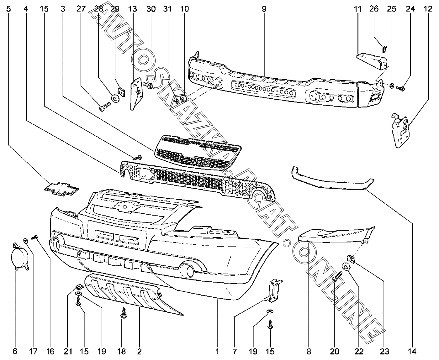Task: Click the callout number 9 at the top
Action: point(264,9)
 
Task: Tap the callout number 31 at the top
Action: point(167,9)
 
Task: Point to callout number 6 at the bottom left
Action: point(15,352)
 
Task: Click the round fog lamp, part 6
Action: point(19,257)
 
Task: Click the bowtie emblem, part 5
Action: point(61,189)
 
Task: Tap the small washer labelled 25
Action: point(391,86)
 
